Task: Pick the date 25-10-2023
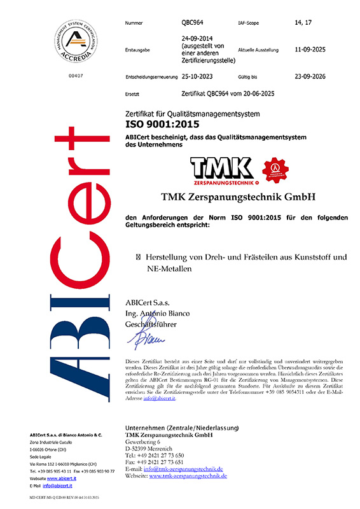tap(198, 76)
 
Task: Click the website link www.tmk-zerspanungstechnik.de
tap(189, 476)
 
